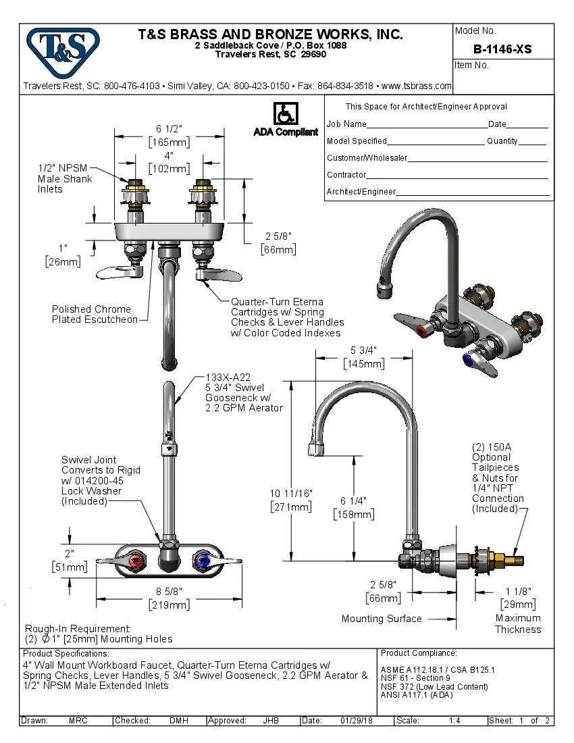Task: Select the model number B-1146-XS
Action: coord(502,49)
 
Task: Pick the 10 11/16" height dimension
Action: coord(290,494)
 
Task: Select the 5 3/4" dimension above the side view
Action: coord(363,350)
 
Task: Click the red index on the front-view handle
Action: coord(137,561)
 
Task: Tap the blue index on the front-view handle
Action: coord(201,561)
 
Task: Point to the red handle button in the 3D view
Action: coord(423,331)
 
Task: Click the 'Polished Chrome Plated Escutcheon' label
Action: coord(94,315)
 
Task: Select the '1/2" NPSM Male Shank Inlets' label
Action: coord(65,179)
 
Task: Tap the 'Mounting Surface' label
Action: coord(381,619)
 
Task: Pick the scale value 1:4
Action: coord(454,721)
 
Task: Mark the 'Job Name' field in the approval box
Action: coord(346,124)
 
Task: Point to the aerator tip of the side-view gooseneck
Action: coord(317,449)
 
